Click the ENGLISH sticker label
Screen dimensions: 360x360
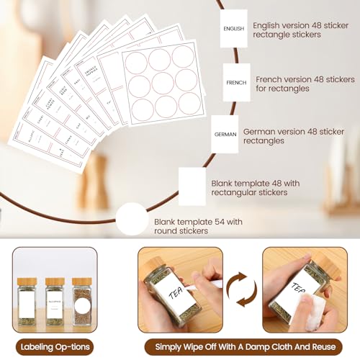point(234,29)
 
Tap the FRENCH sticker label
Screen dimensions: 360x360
point(236,83)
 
